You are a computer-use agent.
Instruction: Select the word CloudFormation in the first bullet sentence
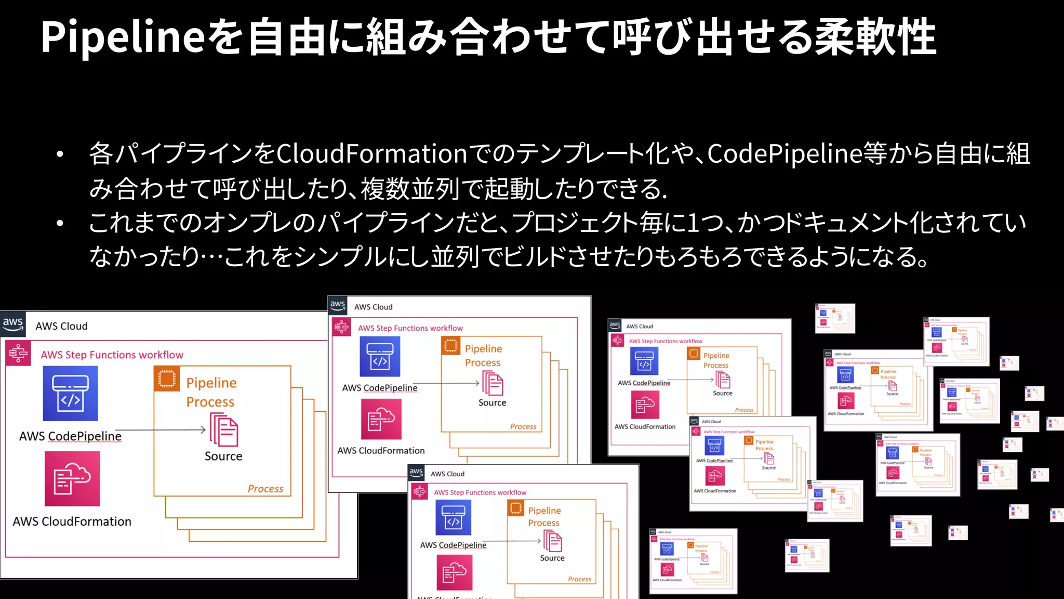click(x=372, y=154)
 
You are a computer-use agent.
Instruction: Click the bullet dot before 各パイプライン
click(x=60, y=154)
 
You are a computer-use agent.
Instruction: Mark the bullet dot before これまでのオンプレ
click(x=60, y=224)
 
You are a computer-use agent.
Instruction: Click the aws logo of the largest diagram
click(x=13, y=324)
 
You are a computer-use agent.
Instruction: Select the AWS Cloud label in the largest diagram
click(x=61, y=326)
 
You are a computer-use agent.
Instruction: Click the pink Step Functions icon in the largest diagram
click(x=18, y=354)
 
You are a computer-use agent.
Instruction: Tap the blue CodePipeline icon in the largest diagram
click(x=70, y=394)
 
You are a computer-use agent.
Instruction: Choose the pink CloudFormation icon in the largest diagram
click(x=72, y=478)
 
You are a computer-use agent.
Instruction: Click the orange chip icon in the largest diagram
click(x=167, y=379)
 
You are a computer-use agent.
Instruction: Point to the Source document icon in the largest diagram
click(x=224, y=429)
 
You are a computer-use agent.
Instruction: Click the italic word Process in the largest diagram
click(x=265, y=489)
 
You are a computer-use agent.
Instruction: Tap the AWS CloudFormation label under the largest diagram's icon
click(x=72, y=522)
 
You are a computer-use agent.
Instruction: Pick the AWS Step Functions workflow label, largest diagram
click(x=112, y=355)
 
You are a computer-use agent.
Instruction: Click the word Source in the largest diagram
click(x=223, y=456)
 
